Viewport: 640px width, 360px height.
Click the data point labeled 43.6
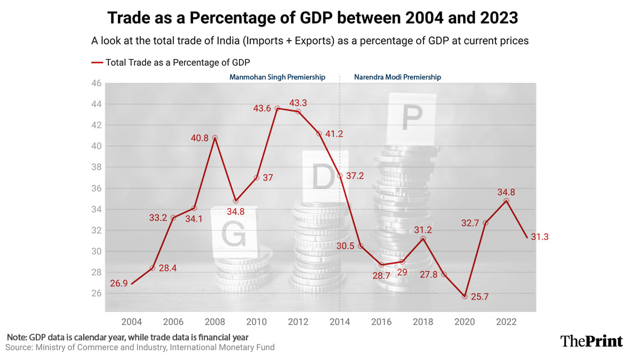pyautogui.click(x=277, y=108)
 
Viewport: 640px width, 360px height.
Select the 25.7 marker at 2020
pyautogui.click(x=465, y=296)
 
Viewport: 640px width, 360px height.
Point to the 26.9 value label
pyautogui.click(x=119, y=284)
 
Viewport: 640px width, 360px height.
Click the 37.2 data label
pyautogui.click(x=354, y=175)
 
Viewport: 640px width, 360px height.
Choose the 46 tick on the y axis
pyautogui.click(x=96, y=83)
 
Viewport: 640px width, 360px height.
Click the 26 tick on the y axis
pyautogui.click(x=96, y=293)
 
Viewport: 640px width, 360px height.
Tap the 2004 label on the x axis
pyautogui.click(x=132, y=322)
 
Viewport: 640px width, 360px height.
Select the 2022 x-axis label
pyautogui.click(x=506, y=322)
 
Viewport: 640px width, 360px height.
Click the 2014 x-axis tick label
pyautogui.click(x=340, y=322)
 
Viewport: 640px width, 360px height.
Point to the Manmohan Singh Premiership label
pyautogui.click(x=277, y=77)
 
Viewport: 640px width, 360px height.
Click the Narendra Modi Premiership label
pyautogui.click(x=397, y=77)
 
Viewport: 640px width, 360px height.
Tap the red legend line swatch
pyautogui.click(x=97, y=62)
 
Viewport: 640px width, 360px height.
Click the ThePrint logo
pyautogui.click(x=591, y=341)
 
